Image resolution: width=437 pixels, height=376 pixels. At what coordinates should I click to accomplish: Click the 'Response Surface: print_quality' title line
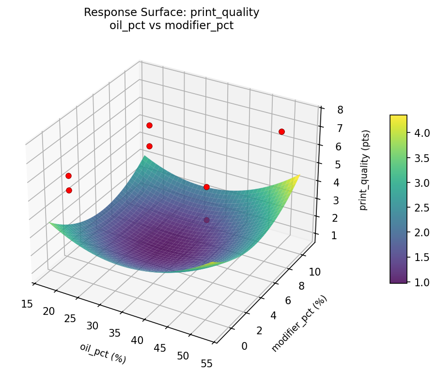(172, 13)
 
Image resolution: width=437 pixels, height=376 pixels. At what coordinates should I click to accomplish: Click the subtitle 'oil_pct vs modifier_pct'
(172, 26)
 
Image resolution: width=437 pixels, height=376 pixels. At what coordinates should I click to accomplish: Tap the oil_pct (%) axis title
(103, 353)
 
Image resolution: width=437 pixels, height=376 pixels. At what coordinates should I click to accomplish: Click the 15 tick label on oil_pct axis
(27, 304)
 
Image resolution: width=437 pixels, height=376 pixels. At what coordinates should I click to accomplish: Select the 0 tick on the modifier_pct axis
(244, 346)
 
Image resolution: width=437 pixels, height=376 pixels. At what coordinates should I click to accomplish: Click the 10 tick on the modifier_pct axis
(315, 272)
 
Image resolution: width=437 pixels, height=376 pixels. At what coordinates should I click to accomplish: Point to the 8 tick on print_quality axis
(341, 110)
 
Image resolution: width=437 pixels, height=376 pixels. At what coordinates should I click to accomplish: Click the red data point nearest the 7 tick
(281, 131)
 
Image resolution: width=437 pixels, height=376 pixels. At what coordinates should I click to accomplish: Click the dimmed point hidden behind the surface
(207, 220)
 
